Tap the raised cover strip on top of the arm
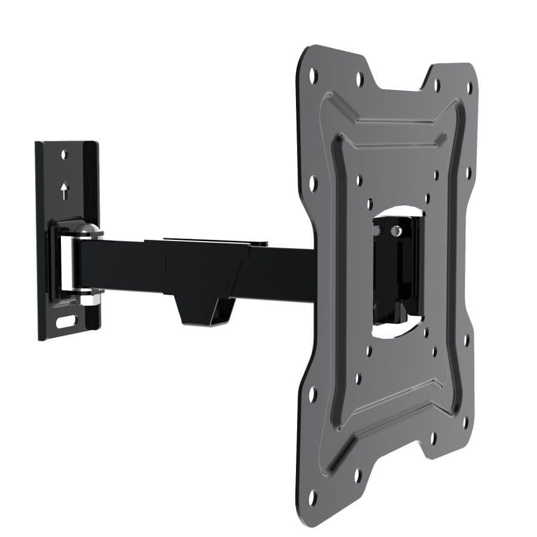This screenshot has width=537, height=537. (215, 242)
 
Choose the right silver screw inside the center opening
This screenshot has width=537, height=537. (396, 229)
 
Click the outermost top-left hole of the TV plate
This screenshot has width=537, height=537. (313, 75)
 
